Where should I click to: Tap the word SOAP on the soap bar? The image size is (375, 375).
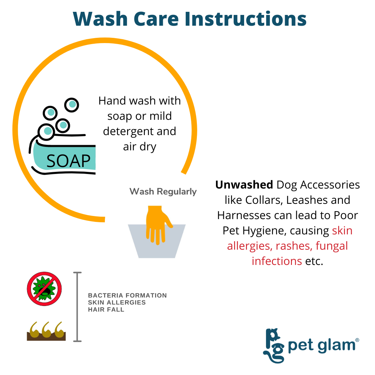pos(68,161)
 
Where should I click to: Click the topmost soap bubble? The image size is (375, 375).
pos(72,105)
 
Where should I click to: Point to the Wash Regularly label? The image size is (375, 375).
pos(163,192)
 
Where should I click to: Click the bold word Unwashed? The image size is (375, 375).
pos(244,185)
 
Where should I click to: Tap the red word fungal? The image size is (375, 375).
pos(332,246)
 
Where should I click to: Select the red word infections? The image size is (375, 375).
pos(277,261)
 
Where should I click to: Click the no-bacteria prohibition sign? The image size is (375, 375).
pos(44,289)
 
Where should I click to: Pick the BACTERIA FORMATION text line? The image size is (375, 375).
pos(127,295)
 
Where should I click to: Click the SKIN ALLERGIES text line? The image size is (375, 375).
pos(117,302)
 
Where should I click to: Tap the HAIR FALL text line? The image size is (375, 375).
pos(106,309)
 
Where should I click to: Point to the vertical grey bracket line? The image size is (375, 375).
pos(77,307)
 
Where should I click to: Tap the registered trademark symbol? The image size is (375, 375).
pos(357,340)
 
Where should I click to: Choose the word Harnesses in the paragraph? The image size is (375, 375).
pos(244,215)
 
